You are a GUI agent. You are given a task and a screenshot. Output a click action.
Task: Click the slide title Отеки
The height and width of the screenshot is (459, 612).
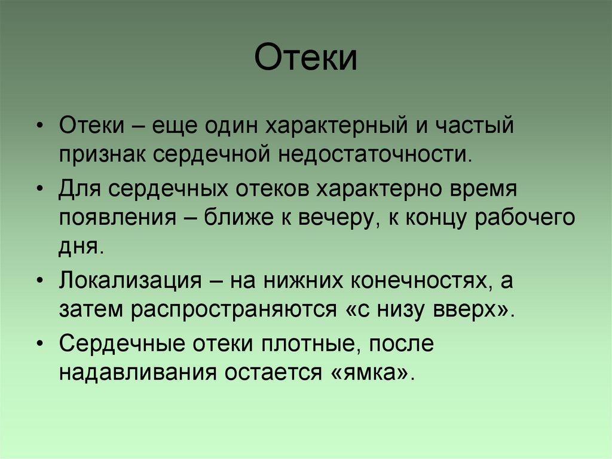pyautogui.click(x=306, y=59)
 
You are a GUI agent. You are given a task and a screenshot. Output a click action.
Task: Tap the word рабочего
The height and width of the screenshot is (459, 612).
pyautogui.click(x=525, y=217)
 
